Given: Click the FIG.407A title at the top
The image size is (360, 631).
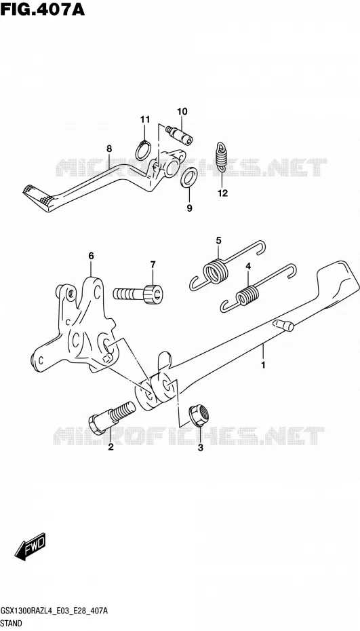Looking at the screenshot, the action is click(x=42, y=9).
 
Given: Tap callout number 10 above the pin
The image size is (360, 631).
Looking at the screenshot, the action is click(x=182, y=111).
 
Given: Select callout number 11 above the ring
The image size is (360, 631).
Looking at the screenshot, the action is click(x=145, y=119).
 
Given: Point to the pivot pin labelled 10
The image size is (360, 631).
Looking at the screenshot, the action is click(x=179, y=134).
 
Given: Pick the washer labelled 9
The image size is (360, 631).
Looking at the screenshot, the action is click(x=188, y=178).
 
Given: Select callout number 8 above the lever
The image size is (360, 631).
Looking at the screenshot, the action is click(x=109, y=149).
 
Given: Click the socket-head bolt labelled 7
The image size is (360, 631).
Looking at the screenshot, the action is click(x=138, y=292).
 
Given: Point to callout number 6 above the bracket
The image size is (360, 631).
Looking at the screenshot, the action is click(x=91, y=256).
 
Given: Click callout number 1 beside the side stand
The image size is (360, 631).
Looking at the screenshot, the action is click(x=264, y=366).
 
